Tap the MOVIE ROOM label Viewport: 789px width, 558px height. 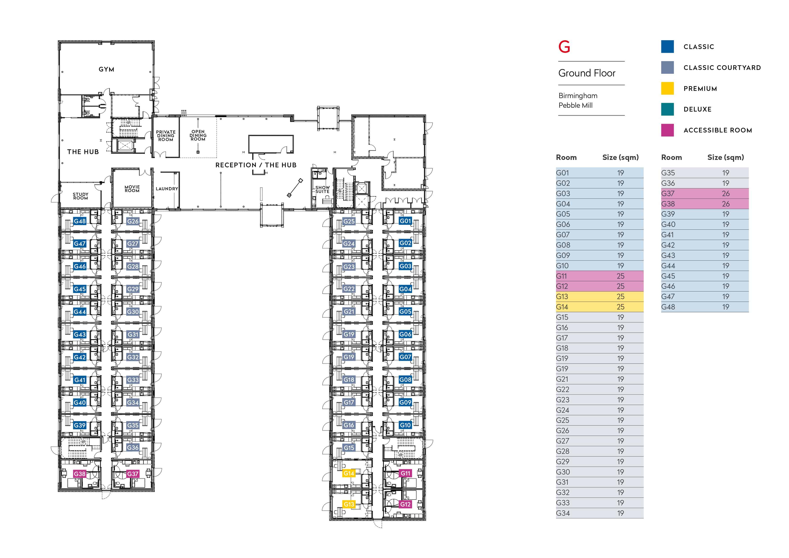click(132, 189)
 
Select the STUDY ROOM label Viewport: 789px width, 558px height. click(81, 196)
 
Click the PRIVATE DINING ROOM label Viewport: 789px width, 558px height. click(166, 136)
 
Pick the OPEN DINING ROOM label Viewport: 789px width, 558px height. click(198, 135)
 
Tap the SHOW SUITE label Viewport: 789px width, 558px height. click(322, 189)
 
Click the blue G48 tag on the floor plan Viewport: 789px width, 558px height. click(80, 221)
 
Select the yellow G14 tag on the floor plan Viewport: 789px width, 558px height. click(349, 473)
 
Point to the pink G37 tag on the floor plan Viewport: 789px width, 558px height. click(133, 474)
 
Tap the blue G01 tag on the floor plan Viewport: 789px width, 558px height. click(405, 221)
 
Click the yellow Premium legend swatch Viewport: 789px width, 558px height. click(667, 88)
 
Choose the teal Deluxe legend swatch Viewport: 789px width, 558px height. click(667, 109)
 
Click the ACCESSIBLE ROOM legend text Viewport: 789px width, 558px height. click(718, 130)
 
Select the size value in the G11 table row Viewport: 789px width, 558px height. click(620, 276)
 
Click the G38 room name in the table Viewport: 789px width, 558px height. click(668, 204)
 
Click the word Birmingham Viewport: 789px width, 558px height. click(578, 96)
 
